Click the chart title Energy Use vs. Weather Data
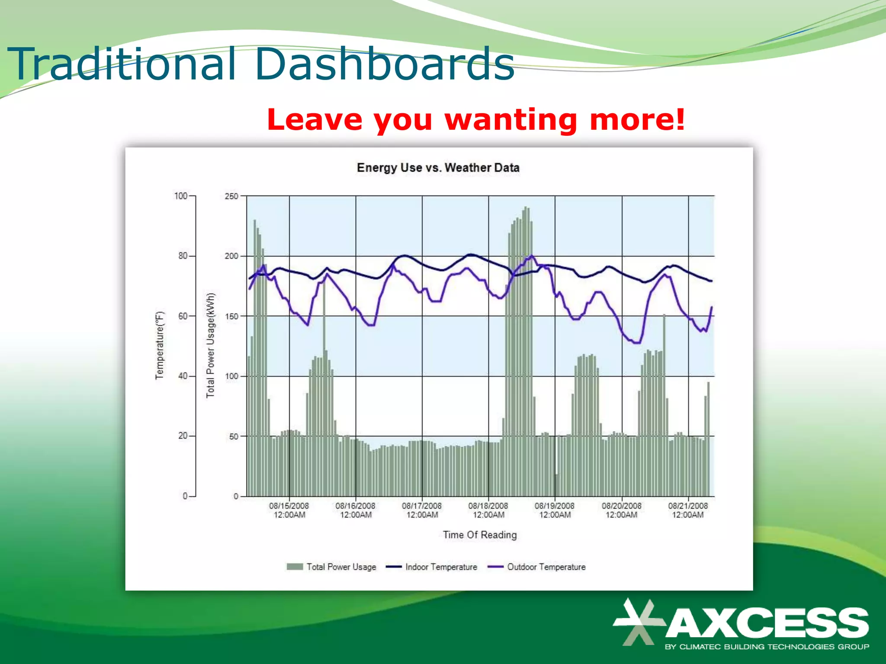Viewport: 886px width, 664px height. (x=438, y=168)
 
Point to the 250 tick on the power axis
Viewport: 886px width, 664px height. (x=231, y=196)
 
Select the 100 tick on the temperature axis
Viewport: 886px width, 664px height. (x=181, y=196)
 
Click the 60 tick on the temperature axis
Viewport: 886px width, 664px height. (x=183, y=316)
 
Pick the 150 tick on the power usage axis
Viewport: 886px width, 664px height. (x=231, y=316)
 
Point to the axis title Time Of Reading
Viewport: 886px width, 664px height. (x=480, y=535)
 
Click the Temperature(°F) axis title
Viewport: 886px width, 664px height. (x=160, y=345)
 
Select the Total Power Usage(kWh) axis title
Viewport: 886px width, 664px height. (x=210, y=345)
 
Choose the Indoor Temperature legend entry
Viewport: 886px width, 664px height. (x=441, y=567)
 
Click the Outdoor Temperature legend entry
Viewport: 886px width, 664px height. (x=546, y=567)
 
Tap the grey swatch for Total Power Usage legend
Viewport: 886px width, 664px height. (x=295, y=567)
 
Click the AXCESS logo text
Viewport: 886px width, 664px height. (x=767, y=622)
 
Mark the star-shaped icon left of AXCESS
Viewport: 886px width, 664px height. (x=638, y=622)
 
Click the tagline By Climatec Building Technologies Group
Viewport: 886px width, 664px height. (x=767, y=647)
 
